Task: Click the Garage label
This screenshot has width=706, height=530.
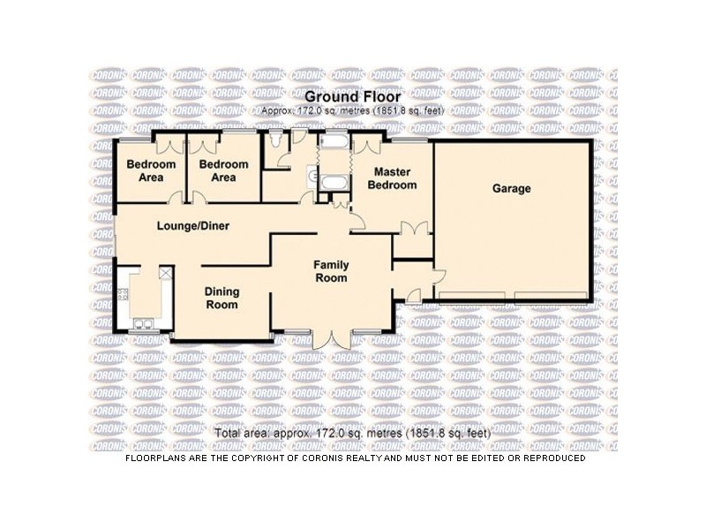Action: click(511, 188)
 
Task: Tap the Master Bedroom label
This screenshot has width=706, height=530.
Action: click(392, 178)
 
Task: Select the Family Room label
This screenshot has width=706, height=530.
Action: click(332, 271)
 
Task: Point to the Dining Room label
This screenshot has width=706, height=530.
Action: click(222, 298)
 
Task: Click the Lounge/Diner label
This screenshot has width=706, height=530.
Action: click(193, 226)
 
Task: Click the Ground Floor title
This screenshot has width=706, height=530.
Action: click(352, 97)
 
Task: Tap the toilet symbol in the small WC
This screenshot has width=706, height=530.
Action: click(275, 139)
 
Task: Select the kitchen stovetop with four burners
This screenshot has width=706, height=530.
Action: click(123, 295)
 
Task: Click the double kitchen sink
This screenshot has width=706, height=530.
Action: click(144, 323)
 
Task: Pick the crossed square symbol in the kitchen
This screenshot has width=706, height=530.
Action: click(165, 273)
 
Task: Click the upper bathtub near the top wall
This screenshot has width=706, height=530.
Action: click(334, 142)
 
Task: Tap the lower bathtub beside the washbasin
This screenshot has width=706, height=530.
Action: click(334, 183)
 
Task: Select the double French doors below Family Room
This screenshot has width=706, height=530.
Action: click(331, 340)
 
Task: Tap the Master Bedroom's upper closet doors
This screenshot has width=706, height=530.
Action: click(367, 146)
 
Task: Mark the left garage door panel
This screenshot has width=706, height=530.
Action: click(472, 295)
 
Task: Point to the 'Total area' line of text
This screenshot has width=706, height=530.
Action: click(352, 434)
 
